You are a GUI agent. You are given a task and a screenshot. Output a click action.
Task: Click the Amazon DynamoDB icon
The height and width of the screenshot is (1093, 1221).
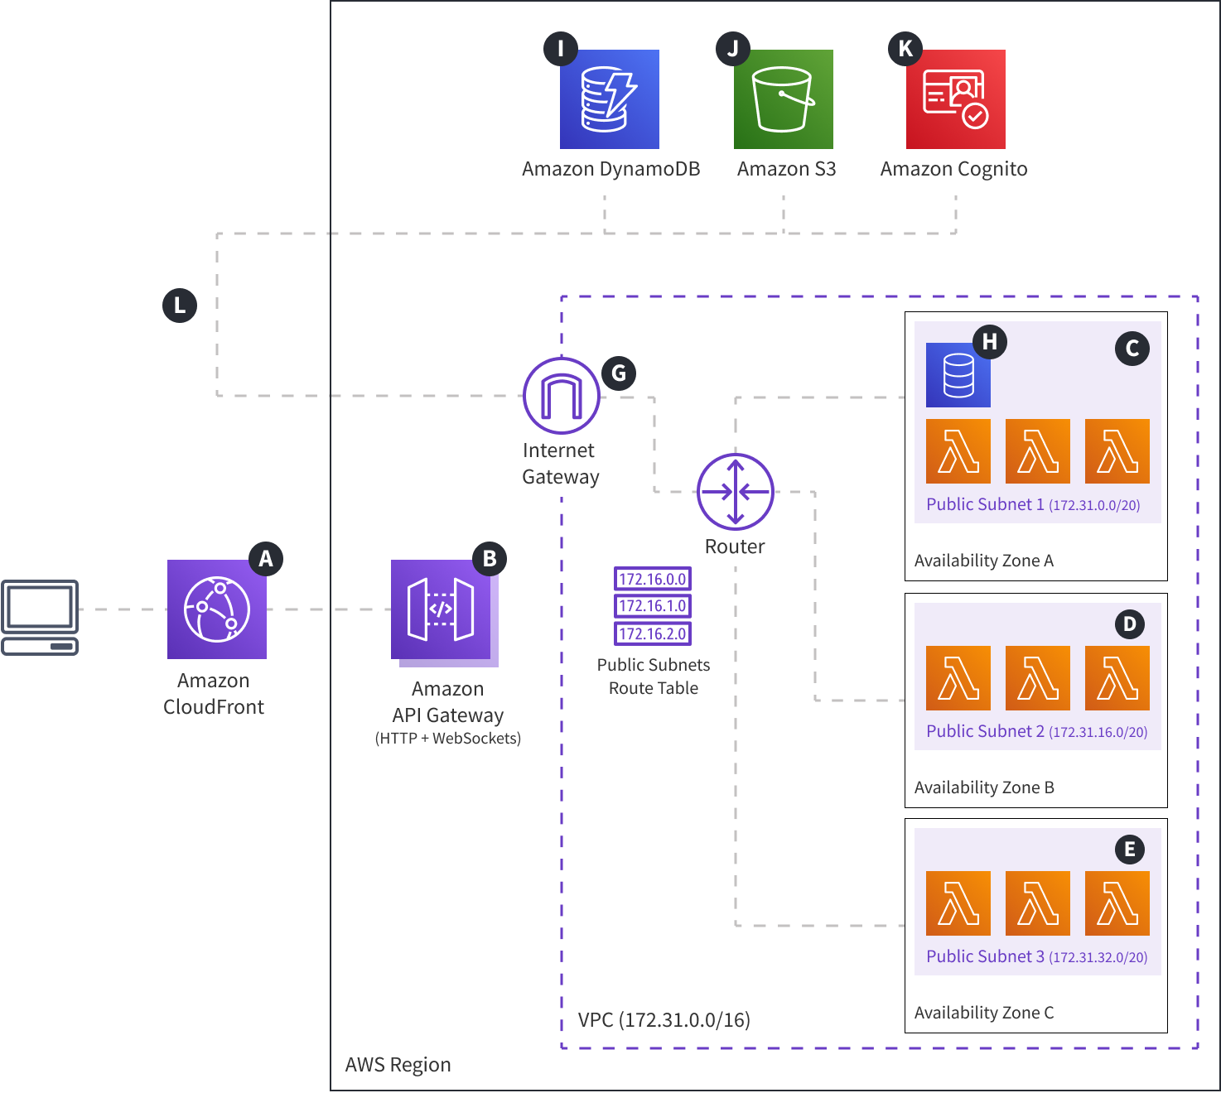pyautogui.click(x=610, y=99)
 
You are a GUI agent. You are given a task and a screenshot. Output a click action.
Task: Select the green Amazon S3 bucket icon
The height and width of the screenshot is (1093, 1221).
pyautogui.click(x=784, y=99)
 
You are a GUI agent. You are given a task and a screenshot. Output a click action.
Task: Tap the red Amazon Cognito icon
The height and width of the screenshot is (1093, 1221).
pyautogui.click(x=955, y=99)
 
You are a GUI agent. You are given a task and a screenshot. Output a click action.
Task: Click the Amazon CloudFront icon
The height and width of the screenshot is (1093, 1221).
pyautogui.click(x=217, y=609)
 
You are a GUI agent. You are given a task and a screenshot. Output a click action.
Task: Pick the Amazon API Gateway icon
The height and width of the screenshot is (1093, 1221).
pyautogui.click(x=442, y=610)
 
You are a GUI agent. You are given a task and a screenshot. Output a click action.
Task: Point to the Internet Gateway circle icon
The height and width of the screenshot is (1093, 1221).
pyautogui.click(x=562, y=396)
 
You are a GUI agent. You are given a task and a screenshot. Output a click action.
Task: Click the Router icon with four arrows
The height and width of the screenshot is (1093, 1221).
pyautogui.click(x=736, y=492)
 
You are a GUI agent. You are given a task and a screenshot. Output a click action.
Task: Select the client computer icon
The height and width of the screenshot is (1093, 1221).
pyautogui.click(x=40, y=618)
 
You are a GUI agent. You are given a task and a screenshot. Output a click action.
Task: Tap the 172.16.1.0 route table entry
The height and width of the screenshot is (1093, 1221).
pyautogui.click(x=653, y=606)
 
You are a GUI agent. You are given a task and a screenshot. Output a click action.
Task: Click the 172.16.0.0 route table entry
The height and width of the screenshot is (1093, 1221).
pyautogui.click(x=653, y=579)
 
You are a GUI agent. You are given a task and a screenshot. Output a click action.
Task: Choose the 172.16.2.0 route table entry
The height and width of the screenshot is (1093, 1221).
pyautogui.click(x=653, y=633)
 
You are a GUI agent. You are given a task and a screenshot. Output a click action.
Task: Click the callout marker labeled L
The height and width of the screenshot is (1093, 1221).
pyautogui.click(x=180, y=306)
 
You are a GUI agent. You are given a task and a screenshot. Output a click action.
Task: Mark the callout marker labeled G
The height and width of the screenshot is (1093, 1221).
pyautogui.click(x=619, y=373)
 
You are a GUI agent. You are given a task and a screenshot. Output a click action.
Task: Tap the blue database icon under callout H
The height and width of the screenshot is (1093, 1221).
pyautogui.click(x=958, y=376)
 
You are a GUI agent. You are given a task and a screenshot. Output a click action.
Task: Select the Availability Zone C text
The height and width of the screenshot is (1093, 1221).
pyautogui.click(x=984, y=1013)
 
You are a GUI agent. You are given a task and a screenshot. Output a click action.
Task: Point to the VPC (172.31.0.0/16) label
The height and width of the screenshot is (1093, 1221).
pyautogui.click(x=664, y=1019)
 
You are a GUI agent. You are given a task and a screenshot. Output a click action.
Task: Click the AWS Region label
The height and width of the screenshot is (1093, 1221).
pyautogui.click(x=398, y=1065)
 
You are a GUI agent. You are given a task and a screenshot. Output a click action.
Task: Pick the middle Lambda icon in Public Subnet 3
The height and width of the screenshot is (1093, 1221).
pyautogui.click(x=1038, y=903)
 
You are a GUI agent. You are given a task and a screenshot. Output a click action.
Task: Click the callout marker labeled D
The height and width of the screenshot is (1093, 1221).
pyautogui.click(x=1129, y=624)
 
